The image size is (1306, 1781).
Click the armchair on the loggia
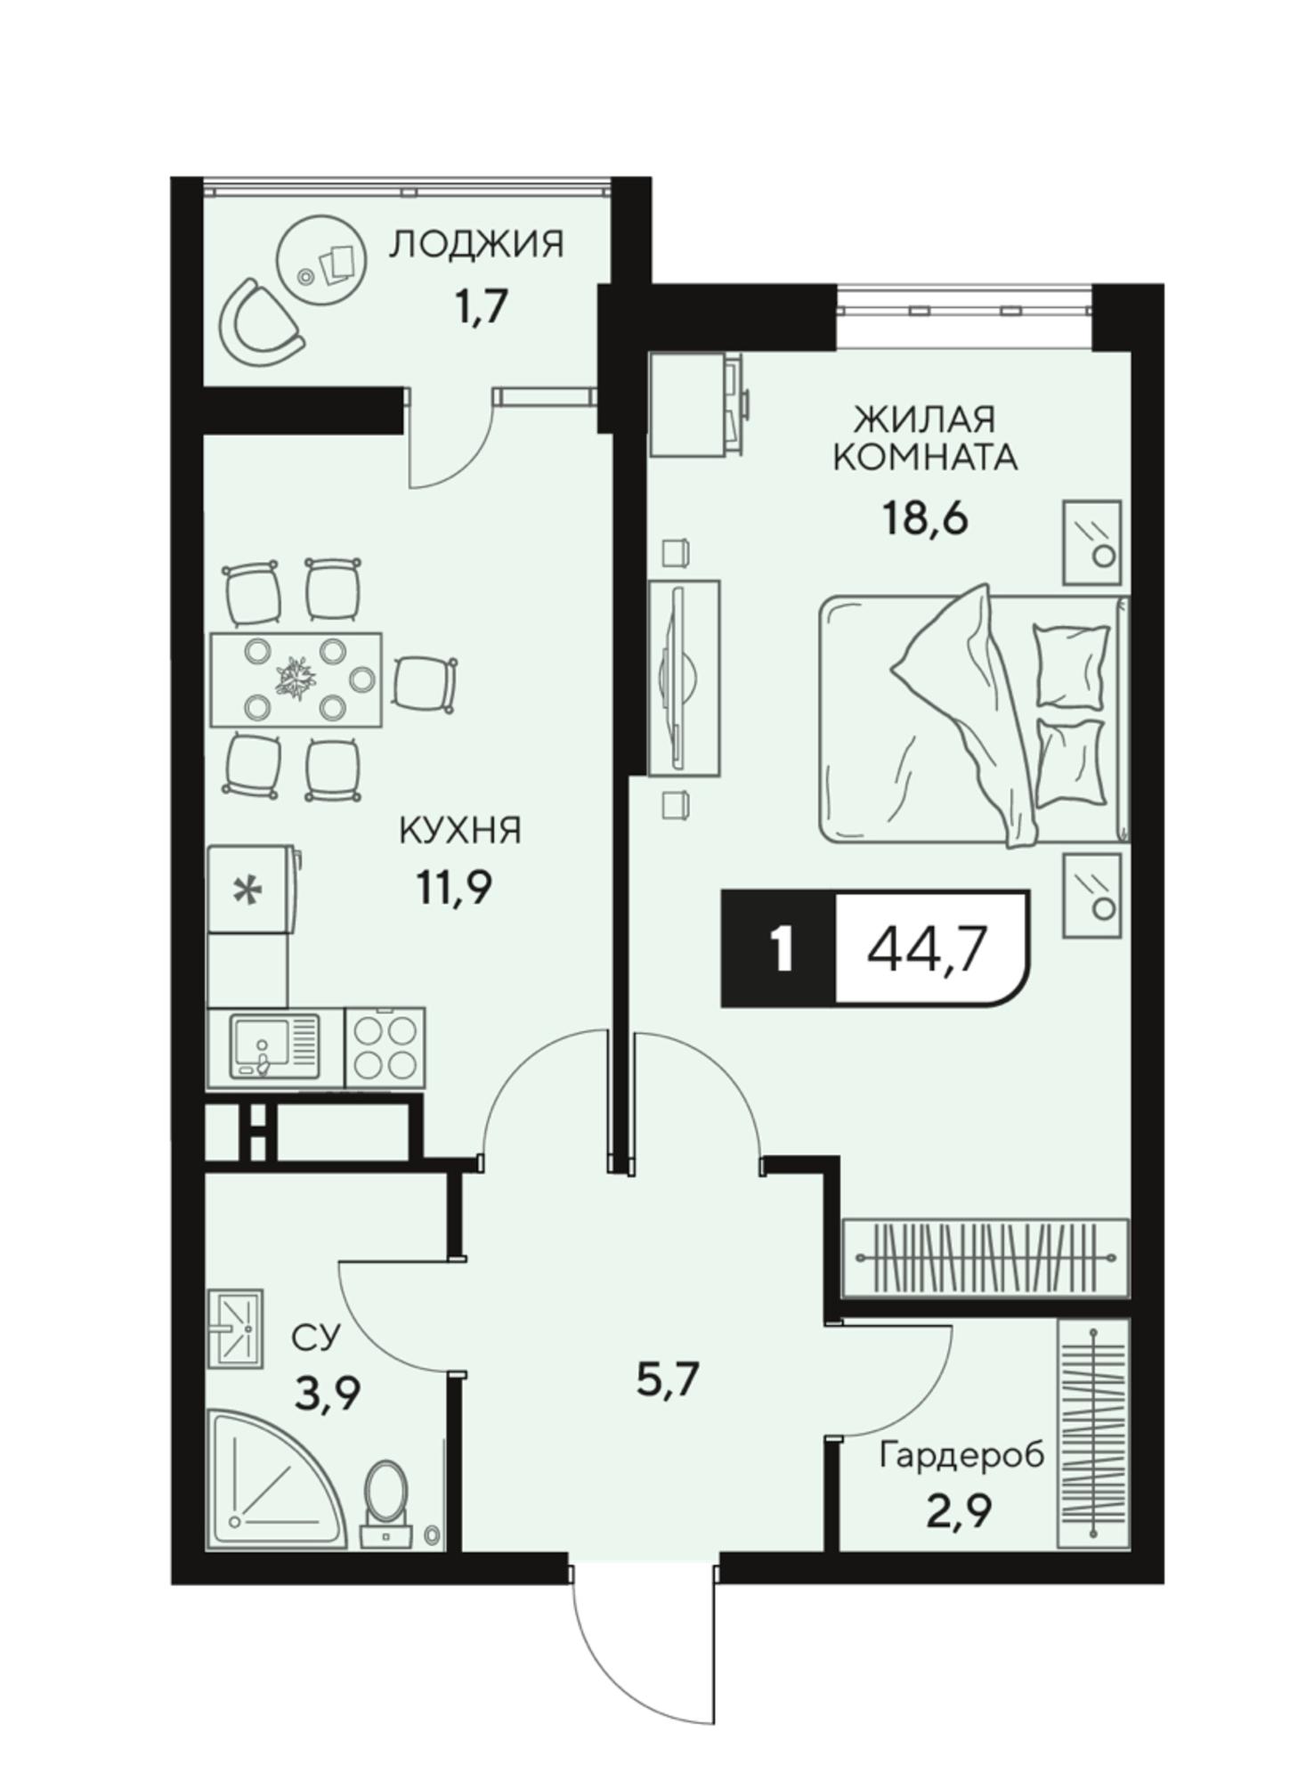point(259,322)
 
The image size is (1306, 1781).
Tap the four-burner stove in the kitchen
point(384,1047)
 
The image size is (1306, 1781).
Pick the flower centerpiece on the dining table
point(296,679)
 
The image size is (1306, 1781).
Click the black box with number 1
point(778,949)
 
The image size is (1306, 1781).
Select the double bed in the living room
point(974,718)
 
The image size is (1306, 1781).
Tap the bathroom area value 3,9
point(329,1394)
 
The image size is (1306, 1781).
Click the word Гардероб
point(961,1457)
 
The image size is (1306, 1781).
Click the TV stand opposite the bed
point(684,679)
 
